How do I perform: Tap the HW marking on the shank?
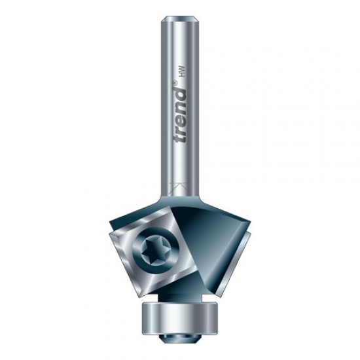pyautogui.click(x=181, y=71)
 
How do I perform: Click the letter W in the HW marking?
pyautogui.click(x=181, y=68)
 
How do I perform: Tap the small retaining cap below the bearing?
pyautogui.click(x=179, y=346)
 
